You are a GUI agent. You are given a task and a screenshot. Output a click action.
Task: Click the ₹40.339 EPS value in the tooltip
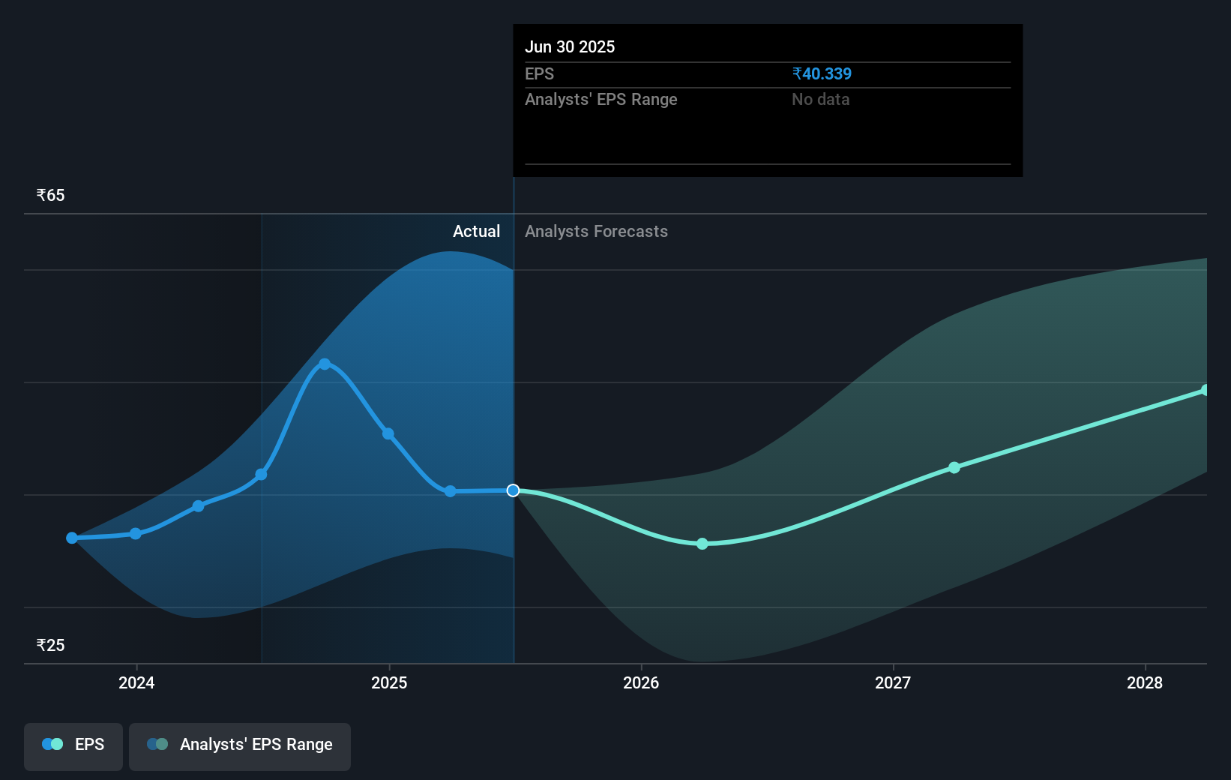[x=822, y=73]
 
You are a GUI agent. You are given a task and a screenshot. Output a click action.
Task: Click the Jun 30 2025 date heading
[x=570, y=46]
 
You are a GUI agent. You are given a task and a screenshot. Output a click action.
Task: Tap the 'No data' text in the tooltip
[x=820, y=99]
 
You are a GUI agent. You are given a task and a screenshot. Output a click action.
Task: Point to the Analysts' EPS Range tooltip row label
[x=601, y=99]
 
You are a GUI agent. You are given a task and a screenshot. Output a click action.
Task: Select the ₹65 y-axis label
[x=51, y=196]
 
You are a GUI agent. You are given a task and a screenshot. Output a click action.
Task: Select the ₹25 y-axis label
[x=51, y=645]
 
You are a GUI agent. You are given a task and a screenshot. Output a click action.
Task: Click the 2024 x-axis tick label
[x=136, y=682]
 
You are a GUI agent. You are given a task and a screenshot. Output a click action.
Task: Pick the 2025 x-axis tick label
[x=389, y=682]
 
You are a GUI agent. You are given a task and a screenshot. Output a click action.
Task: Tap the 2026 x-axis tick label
[x=641, y=682]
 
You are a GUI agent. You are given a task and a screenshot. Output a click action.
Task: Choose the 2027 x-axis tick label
[x=893, y=682]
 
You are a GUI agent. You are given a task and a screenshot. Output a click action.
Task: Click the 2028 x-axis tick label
[x=1145, y=682]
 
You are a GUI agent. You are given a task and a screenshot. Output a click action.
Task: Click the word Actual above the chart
[x=476, y=231]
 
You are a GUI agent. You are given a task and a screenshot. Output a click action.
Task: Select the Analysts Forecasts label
[x=596, y=231]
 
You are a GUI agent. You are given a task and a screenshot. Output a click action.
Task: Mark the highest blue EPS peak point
[x=325, y=364]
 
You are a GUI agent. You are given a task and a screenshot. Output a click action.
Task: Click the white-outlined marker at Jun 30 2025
[x=513, y=490]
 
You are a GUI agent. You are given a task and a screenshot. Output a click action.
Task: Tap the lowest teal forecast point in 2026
[x=702, y=544]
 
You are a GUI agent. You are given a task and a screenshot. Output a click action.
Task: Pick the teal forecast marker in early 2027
[x=954, y=467]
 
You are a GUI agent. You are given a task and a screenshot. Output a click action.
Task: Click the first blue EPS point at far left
[x=72, y=538]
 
